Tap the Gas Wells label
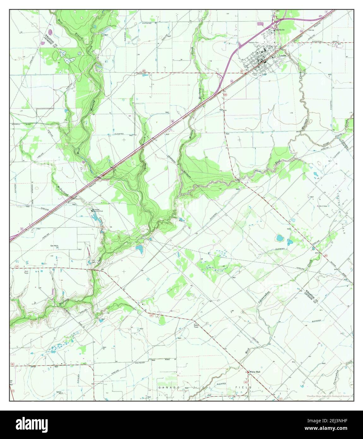tap(54, 245)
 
